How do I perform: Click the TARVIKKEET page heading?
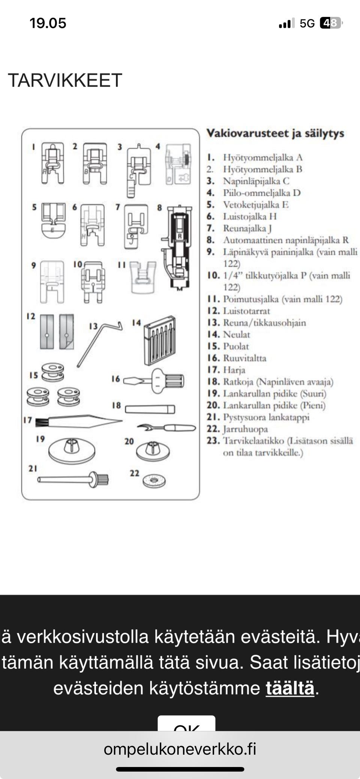pyautogui.click(x=65, y=80)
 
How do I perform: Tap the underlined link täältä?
pyautogui.click(x=290, y=688)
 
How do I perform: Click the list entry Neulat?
pyautogui.click(x=236, y=334)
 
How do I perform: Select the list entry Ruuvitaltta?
pyautogui.click(x=244, y=358)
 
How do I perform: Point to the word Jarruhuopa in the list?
pyautogui.click(x=245, y=429)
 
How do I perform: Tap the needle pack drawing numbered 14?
pyautogui.click(x=160, y=341)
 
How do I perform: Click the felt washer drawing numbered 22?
pyautogui.click(x=154, y=481)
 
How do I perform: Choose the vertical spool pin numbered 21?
pyautogui.click(x=73, y=479)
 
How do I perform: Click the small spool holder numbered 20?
pyautogui.click(x=153, y=451)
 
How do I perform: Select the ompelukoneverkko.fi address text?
pyautogui.click(x=180, y=749)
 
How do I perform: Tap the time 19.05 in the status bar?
pyautogui.click(x=48, y=23)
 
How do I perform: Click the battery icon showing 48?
pyautogui.click(x=331, y=23)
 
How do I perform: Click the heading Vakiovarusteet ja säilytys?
pyautogui.click(x=275, y=133)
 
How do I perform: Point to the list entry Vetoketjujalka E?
pyautogui.click(x=255, y=205)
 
